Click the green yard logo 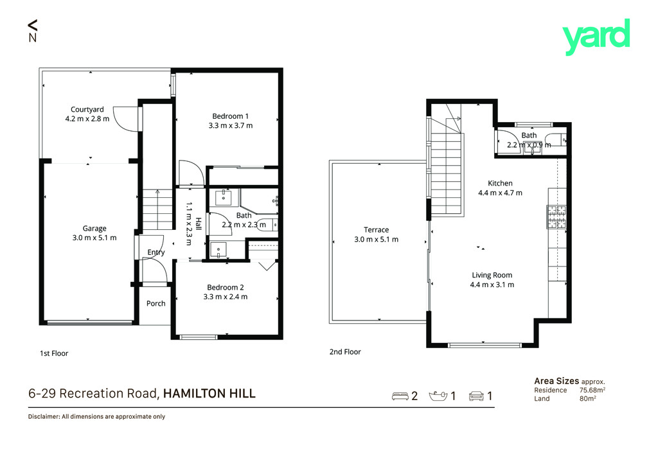(x=596, y=37)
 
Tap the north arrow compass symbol (x=33, y=31)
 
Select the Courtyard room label (x=87, y=109)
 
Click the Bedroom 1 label (x=231, y=116)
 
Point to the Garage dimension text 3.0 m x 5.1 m (x=94, y=238)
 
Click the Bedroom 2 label (x=226, y=287)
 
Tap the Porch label (x=156, y=303)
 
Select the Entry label (x=156, y=252)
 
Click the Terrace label (x=376, y=230)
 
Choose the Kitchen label (x=500, y=183)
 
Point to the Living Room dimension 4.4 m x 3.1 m (x=492, y=285)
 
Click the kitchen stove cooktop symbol (x=556, y=217)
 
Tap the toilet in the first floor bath (x=267, y=225)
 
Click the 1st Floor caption (x=54, y=353)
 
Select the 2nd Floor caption (x=345, y=352)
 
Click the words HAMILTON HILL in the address (x=209, y=393)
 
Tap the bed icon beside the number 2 (x=400, y=396)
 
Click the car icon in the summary (x=476, y=396)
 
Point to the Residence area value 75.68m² (x=592, y=390)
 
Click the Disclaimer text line (x=96, y=416)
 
